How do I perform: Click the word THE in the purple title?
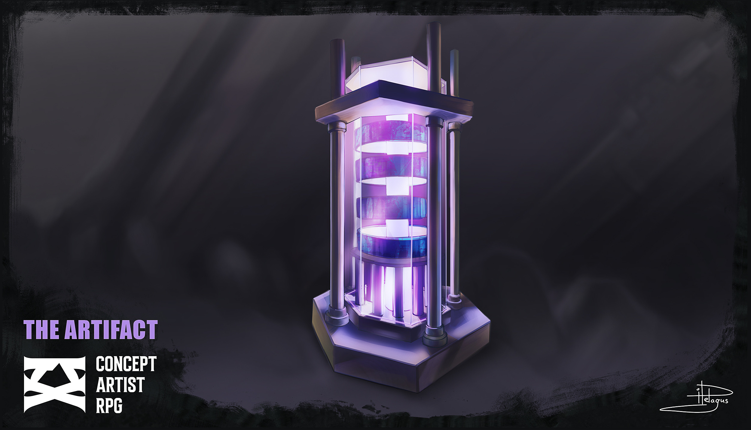[x=41, y=330]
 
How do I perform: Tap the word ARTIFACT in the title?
[x=111, y=330]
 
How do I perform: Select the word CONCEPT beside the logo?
[x=126, y=364]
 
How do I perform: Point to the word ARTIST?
[x=120, y=385]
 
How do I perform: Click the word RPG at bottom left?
[x=109, y=406]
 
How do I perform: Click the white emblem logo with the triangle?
[x=54, y=384]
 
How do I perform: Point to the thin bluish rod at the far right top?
[x=454, y=72]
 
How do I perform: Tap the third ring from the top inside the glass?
[x=391, y=207]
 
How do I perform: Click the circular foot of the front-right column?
[x=435, y=339]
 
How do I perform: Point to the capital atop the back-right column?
[x=454, y=126]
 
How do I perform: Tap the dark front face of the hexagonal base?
[x=376, y=366]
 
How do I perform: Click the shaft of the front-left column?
[x=336, y=216]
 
